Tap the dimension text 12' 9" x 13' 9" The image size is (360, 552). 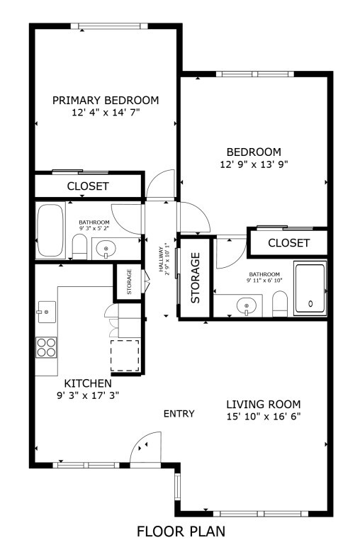click(x=253, y=164)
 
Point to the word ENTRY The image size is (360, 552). click(x=179, y=414)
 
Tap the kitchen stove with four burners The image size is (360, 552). click(x=47, y=347)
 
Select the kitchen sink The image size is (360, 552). click(x=47, y=310)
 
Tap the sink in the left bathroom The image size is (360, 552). click(x=106, y=249)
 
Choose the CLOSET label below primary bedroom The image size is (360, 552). click(x=88, y=186)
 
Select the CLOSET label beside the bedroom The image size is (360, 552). click(x=288, y=243)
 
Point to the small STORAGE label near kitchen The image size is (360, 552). click(x=129, y=282)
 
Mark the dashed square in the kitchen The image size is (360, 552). click(x=125, y=355)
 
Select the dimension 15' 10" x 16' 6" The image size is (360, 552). click(x=264, y=416)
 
